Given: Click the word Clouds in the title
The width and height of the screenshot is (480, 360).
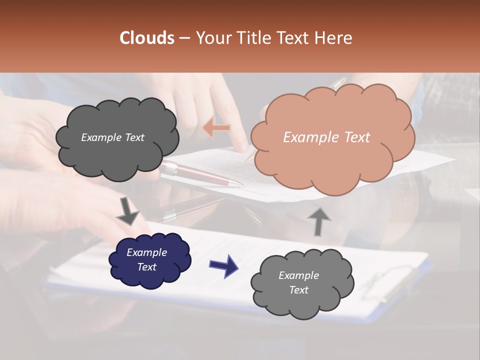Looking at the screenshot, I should click(147, 38).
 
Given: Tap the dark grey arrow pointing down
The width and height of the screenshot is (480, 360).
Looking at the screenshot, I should click(127, 212).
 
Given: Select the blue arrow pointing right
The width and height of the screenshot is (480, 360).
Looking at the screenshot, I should click(223, 265).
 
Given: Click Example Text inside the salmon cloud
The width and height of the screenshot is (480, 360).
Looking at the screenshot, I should click(326, 137).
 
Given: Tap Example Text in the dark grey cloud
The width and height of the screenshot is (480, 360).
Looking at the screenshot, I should click(112, 137).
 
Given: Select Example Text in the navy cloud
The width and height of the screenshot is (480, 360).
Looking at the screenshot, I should click(146, 259).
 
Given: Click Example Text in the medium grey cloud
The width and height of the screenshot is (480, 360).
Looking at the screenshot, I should click(298, 282).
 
